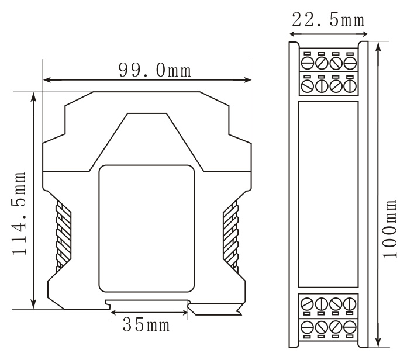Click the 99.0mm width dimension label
[x=155, y=70]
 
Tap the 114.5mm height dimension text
[x=19, y=213]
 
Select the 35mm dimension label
[x=146, y=324]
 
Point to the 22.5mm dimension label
[x=328, y=19]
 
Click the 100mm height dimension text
[x=389, y=229]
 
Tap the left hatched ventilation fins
[x=63, y=236]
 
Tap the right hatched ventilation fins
[x=231, y=236]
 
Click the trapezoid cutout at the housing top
[x=147, y=142]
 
